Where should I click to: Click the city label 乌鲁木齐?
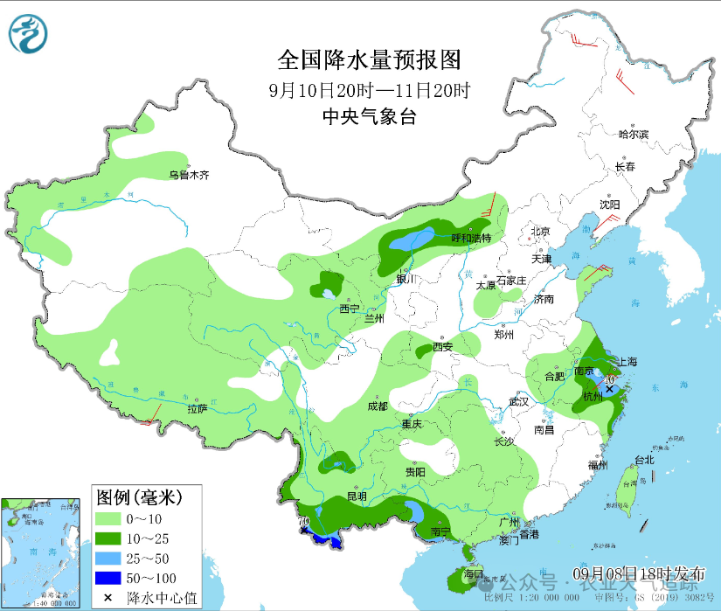(189, 175)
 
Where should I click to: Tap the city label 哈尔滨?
(634, 135)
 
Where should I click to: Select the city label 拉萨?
(197, 408)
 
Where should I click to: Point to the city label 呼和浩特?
(471, 238)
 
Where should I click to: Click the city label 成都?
(377, 406)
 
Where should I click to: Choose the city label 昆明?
(357, 496)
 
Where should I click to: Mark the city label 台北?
(644, 460)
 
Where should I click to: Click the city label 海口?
(473, 573)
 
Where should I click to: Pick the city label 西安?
(442, 347)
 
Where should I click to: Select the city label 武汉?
(519, 401)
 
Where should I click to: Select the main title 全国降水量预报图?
(368, 59)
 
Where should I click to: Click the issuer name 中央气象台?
(368, 117)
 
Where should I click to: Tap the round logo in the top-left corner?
(29, 33)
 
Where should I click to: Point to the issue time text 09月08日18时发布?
(639, 573)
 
